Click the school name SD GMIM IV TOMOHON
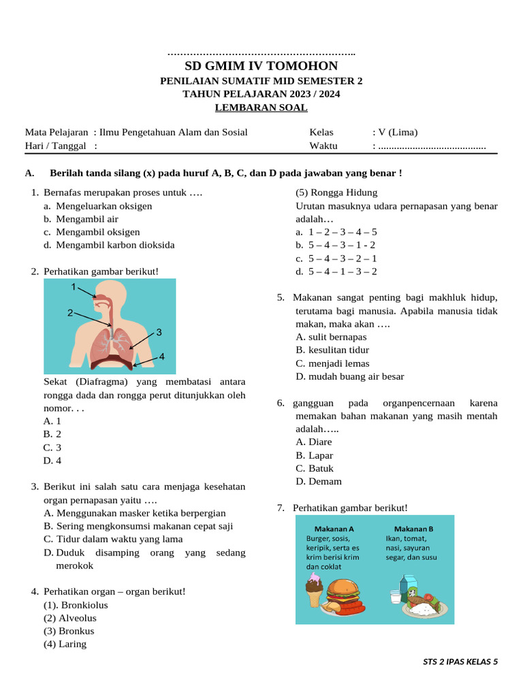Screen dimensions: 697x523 tap(261, 66)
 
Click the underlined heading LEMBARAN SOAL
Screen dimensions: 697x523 tap(261, 108)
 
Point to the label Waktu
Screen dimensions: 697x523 tap(323, 146)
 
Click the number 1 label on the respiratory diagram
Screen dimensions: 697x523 tap(74, 287)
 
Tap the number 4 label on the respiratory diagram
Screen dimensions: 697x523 tap(162, 357)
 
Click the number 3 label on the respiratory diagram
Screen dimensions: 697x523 tap(159, 332)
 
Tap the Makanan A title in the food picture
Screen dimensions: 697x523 tap(334, 529)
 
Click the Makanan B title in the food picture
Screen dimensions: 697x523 tap(413, 529)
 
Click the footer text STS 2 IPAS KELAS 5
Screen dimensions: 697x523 tap(460, 661)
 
